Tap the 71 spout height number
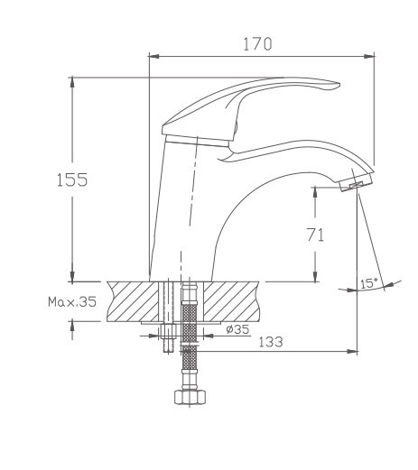pyautogui.click(x=315, y=235)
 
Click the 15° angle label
pyautogui.click(x=368, y=283)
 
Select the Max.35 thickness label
pyautogui.click(x=71, y=303)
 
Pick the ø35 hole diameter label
pyautogui.click(x=236, y=329)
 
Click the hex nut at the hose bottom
pyautogui.click(x=188, y=398)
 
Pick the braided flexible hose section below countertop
pyautogui.click(x=188, y=361)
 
